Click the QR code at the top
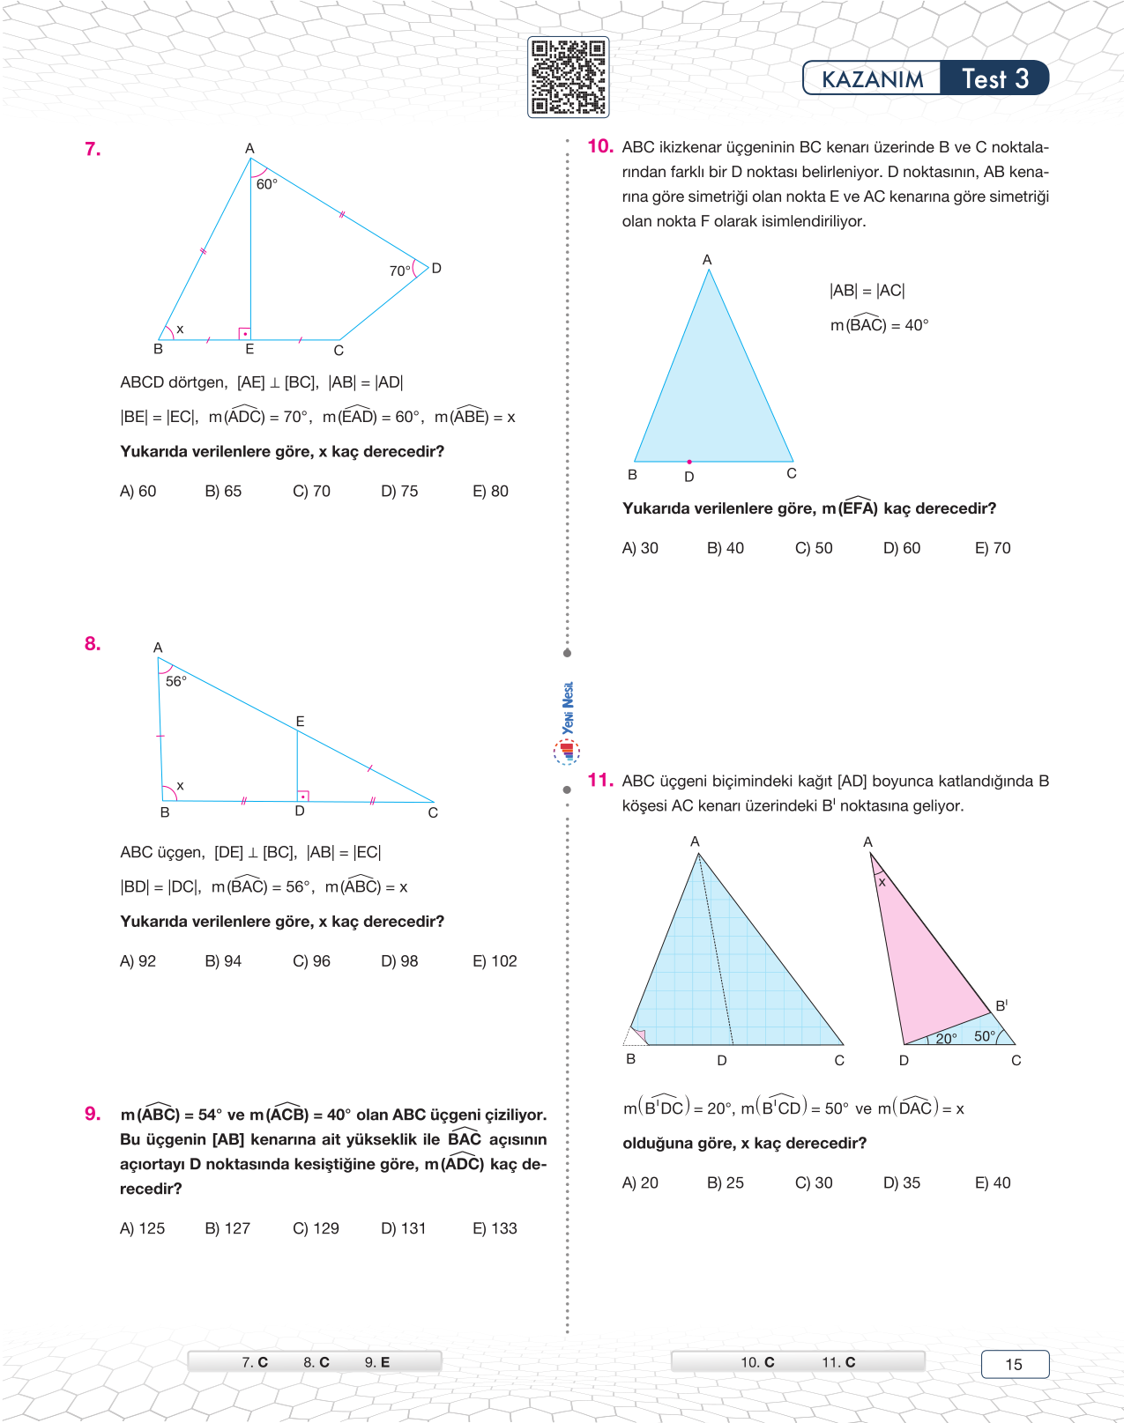pos(569,78)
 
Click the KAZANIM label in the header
pos(872,79)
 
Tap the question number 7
pos(93,149)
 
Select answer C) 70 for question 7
pos(311,491)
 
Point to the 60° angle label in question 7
pos(267,184)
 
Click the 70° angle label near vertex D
pos(399,271)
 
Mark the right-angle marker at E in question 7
pos(244,333)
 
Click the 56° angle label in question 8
pos(176,681)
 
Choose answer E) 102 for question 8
pos(495,960)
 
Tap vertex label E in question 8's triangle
pos(300,721)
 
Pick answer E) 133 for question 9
pos(495,1228)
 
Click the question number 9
pos(93,1114)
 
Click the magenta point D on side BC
pos(689,462)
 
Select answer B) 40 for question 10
pos(725,548)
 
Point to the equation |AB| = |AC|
pos(867,291)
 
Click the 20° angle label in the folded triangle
pos(946,1038)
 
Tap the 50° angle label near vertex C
pos(985,1036)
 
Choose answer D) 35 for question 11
pos(901,1182)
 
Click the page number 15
pos(1014,1364)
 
